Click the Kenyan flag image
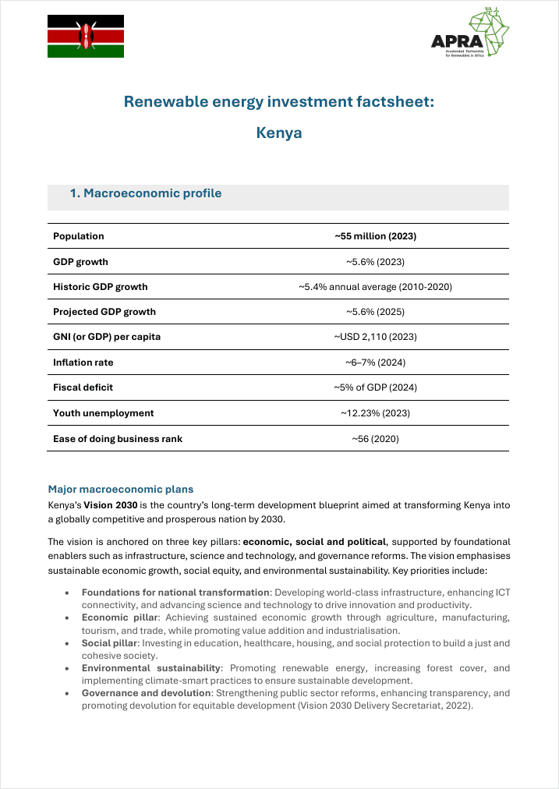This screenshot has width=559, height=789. click(86, 36)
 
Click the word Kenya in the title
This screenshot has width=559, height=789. click(279, 133)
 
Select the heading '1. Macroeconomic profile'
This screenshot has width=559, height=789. click(146, 193)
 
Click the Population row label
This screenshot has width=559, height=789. click(79, 236)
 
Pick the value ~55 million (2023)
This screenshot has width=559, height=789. click(375, 236)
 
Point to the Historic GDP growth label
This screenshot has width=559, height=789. click(100, 287)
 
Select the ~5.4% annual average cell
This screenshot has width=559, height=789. click(375, 287)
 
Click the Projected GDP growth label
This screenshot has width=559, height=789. click(104, 312)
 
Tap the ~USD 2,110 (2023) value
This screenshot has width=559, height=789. click(375, 337)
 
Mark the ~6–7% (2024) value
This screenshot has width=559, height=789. click(375, 363)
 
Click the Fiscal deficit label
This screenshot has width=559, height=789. click(83, 387)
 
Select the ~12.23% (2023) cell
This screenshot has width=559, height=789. click(375, 413)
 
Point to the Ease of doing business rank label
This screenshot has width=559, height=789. click(118, 439)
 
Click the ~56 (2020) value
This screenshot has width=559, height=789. click(375, 439)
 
